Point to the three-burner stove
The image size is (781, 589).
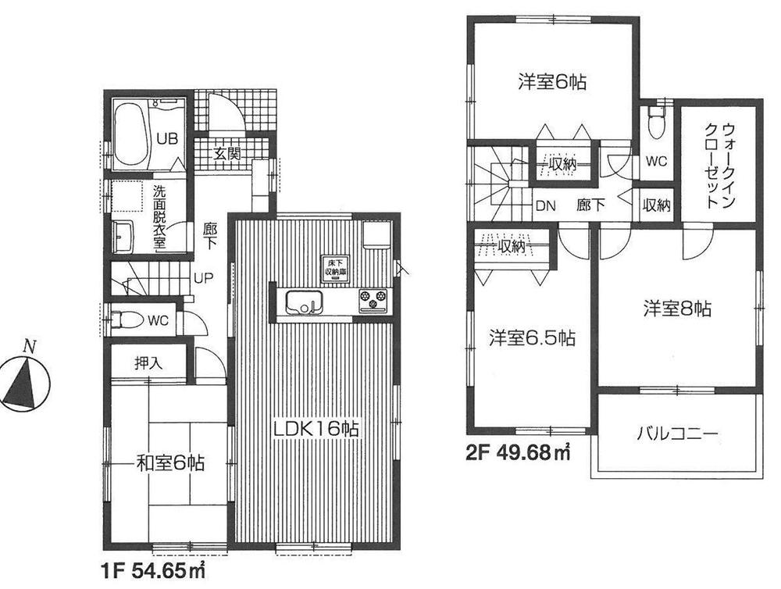coord(373,298)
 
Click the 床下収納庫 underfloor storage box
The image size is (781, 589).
coord(336,266)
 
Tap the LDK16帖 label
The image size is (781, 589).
coord(315,428)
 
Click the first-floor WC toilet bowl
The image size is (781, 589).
coord(130,319)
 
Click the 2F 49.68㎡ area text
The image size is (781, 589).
coord(519,451)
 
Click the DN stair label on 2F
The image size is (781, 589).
coord(544,206)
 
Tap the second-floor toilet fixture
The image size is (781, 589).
coord(656,123)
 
